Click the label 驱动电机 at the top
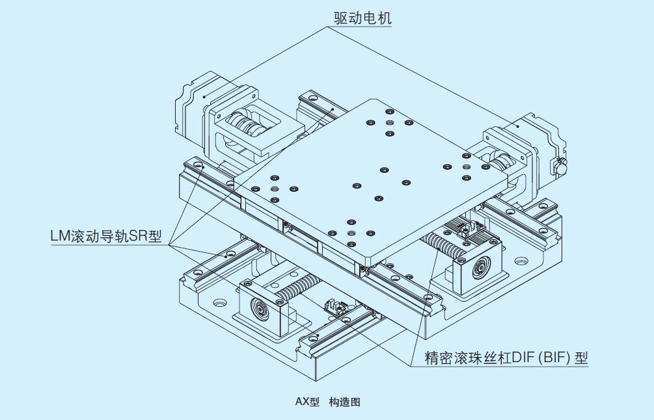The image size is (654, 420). [x=363, y=18]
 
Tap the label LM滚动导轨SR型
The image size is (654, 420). [x=105, y=236]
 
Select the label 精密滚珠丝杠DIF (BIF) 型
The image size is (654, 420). [x=506, y=357]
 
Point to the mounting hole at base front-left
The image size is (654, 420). [x=217, y=302]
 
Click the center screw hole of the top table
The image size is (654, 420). [x=357, y=185]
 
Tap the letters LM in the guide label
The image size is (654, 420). [x=61, y=236]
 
